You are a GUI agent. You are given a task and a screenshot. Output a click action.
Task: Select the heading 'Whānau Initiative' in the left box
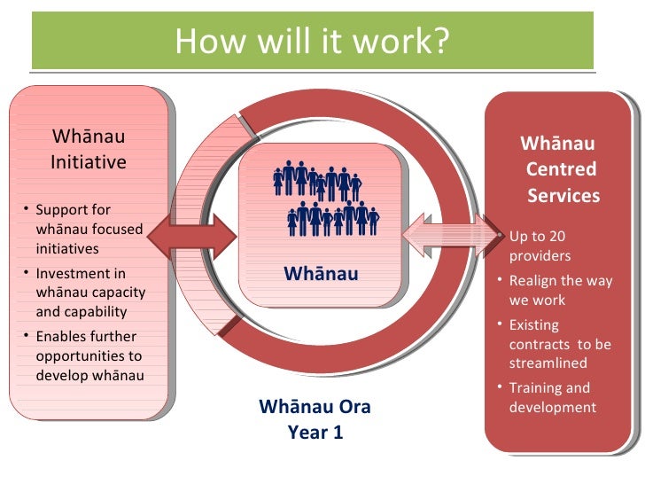click(89, 150)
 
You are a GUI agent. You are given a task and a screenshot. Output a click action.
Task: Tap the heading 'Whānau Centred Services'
click(560, 169)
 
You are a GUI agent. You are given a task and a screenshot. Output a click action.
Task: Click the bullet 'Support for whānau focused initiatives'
click(88, 230)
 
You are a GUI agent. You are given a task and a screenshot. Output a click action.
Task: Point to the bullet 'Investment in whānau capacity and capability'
click(89, 293)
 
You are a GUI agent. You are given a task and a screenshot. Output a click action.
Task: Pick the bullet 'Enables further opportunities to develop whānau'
click(88, 355)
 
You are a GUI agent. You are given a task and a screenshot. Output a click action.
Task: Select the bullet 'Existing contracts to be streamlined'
click(559, 344)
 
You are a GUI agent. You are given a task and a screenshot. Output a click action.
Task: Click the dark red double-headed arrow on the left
click(191, 235)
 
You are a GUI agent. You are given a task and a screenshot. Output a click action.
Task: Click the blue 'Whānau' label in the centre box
click(321, 274)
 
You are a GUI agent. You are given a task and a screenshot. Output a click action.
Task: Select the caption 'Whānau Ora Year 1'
click(315, 420)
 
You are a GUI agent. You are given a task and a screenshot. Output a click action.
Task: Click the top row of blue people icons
click(317, 183)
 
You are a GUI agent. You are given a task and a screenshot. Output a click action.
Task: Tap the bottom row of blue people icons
click(332, 218)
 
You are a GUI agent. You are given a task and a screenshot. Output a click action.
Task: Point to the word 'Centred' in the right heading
click(561, 169)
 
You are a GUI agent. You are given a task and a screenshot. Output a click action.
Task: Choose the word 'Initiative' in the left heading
click(89, 162)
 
